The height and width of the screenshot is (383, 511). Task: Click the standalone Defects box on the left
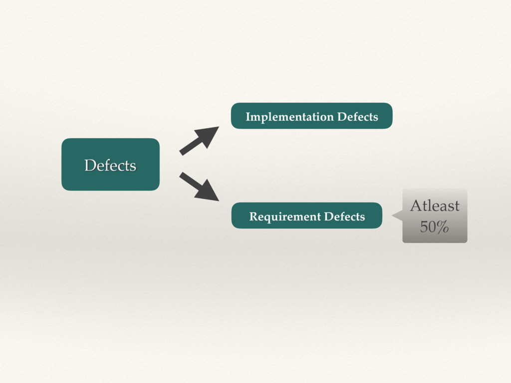coord(110,165)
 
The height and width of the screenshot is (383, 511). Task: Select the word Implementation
coord(289,117)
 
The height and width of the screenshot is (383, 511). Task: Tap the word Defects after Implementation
coord(357,117)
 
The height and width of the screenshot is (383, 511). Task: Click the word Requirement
coord(285,217)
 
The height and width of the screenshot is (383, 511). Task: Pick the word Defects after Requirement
coord(344,217)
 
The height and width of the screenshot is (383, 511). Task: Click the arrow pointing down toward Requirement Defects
coord(199,187)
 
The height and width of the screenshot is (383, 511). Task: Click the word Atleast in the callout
coord(435,205)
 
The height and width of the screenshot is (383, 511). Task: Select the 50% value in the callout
coord(434,227)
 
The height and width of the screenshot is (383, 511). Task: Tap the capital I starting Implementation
coord(248,117)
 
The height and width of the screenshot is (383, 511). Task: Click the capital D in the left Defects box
coord(90,165)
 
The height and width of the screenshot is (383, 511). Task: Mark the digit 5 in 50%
coord(424,227)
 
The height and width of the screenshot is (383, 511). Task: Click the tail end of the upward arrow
coord(182,152)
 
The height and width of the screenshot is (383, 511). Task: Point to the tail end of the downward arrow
coord(182,175)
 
